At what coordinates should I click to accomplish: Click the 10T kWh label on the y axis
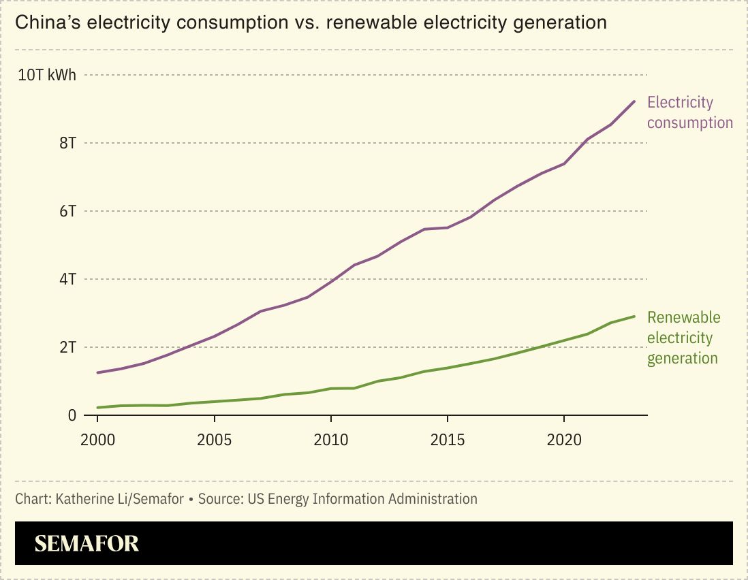[x=46, y=75]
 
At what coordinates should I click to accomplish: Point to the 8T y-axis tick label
[x=67, y=143]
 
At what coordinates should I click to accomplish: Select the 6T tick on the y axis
[x=67, y=211]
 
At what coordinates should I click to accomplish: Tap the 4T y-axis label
[x=67, y=279]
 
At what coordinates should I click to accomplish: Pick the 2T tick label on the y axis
[x=67, y=347]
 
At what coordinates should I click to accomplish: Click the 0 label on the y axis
[x=72, y=415]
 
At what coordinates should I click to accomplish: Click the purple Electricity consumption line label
[x=689, y=112]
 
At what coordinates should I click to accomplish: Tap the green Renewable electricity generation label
[x=683, y=338]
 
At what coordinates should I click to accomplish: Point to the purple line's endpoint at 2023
[x=634, y=101]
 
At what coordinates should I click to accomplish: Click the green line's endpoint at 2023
[x=634, y=317]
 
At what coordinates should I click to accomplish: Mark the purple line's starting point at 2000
[x=98, y=372]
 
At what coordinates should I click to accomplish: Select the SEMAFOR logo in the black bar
[x=87, y=543]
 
